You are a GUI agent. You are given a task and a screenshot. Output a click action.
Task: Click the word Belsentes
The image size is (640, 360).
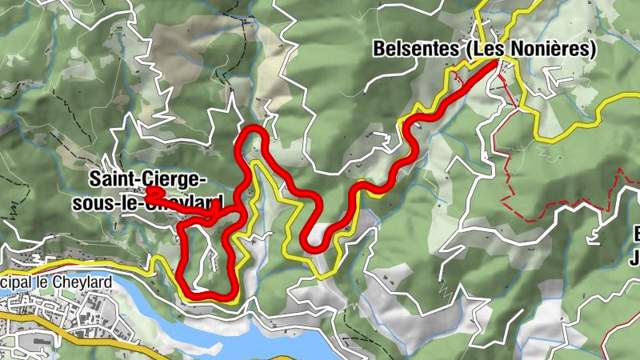coord(414,50)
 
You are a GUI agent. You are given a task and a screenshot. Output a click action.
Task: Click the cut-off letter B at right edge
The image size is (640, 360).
coord(636,234)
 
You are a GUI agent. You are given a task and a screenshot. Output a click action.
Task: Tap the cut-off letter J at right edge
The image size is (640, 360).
coord(636,258)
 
